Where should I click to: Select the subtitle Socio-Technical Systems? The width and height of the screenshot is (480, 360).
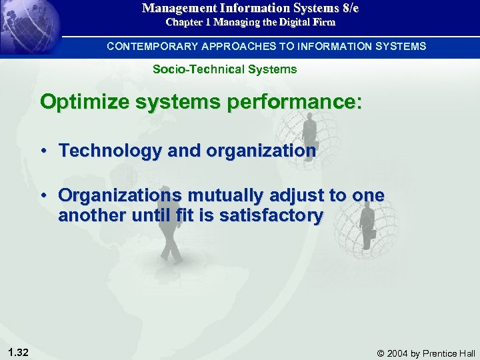225,69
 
